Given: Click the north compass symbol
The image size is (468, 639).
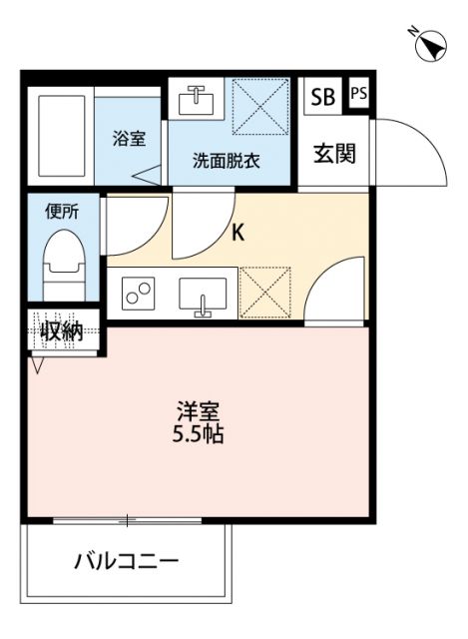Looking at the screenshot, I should pos(430,45).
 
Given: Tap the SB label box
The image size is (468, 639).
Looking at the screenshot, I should pos(322,97).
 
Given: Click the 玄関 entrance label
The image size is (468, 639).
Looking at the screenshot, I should pos(334,154).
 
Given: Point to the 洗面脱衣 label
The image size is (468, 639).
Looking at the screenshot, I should pos(227,160).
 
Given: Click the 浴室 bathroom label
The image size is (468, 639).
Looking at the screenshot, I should pos(129,140).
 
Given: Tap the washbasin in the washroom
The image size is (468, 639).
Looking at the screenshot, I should pos(196,100).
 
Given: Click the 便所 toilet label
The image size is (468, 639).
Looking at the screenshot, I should pos(61,211).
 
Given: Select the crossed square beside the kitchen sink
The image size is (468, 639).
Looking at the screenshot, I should pos(265,292).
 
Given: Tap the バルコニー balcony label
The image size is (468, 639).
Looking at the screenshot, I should pos(127,560).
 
